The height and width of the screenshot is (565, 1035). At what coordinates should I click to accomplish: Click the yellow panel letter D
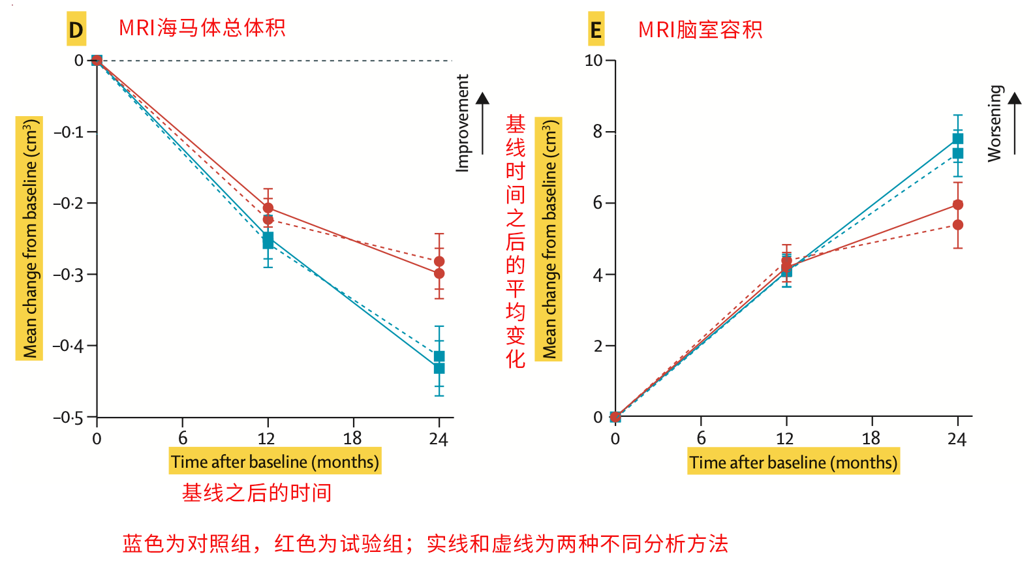pos(76,30)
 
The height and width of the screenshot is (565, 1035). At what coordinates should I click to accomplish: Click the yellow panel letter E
pos(596,30)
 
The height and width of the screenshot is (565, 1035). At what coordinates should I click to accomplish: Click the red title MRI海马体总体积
pos(202,28)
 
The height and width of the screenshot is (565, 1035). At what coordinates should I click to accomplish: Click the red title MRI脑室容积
pos(700,30)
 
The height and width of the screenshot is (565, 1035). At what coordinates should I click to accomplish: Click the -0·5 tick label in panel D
pos(68,418)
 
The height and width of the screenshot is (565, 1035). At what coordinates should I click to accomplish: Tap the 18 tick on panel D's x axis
pos(352,438)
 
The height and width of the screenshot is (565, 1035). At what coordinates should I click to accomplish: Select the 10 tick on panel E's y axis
pos(593,61)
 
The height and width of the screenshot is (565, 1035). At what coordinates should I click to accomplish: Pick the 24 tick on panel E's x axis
pos(957,438)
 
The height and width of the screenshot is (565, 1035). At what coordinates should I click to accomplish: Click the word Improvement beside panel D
pos(463,123)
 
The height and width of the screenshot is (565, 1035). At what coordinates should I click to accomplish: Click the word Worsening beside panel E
pos(994,123)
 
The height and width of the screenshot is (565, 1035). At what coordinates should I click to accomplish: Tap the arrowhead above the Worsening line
pos(1015,99)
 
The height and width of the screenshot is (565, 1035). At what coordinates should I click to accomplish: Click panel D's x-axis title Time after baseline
pos(275,462)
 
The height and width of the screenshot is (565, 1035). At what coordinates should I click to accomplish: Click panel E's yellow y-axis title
pos(549,239)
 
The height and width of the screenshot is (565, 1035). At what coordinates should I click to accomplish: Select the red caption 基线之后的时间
pos(256,493)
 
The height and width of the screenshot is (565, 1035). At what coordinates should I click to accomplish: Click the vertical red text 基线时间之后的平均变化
pos(516,241)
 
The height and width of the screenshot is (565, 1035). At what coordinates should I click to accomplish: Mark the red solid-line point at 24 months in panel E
pos(957,205)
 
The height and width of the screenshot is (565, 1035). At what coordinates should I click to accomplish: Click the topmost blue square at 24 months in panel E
pos(957,138)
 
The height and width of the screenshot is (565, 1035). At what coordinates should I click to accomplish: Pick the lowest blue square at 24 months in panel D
pos(439,369)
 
